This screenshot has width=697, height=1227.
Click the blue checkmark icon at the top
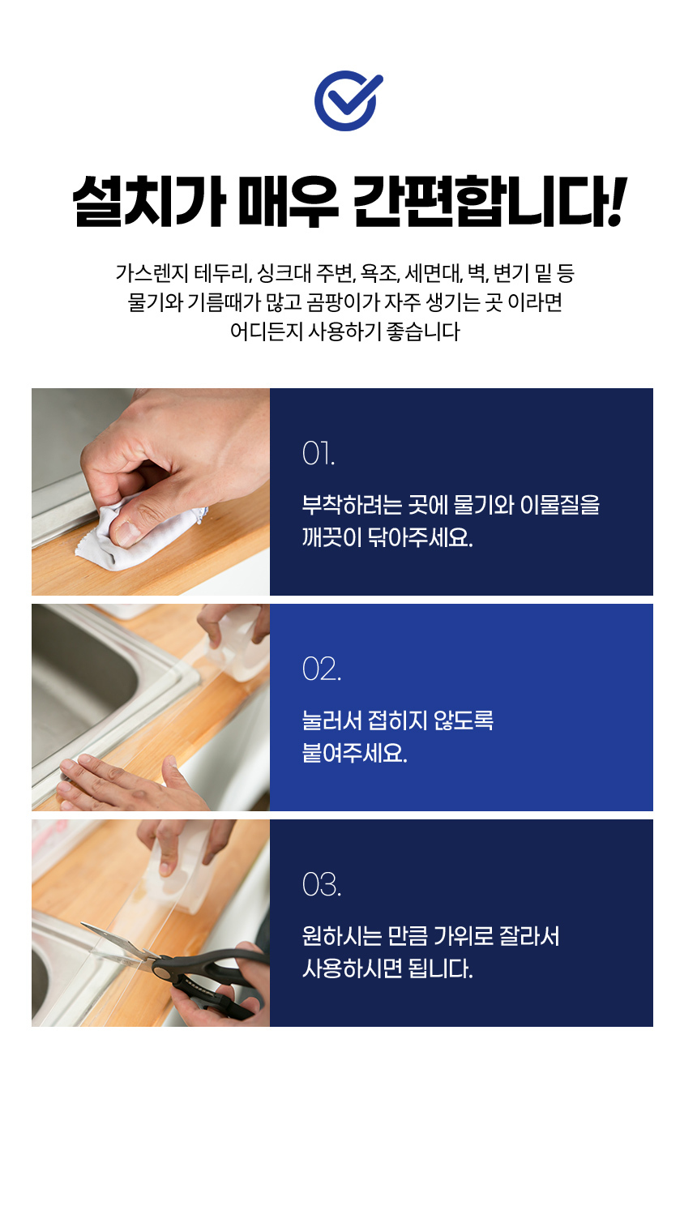348,100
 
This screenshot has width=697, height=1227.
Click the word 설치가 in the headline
148,201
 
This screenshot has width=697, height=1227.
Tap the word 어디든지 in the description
267,331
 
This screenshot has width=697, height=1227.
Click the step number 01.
319,454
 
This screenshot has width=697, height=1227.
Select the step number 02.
322,669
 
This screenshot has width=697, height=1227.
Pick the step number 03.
322,885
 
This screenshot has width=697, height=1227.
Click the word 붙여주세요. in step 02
354,754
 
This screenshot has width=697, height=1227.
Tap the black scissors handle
213,981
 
